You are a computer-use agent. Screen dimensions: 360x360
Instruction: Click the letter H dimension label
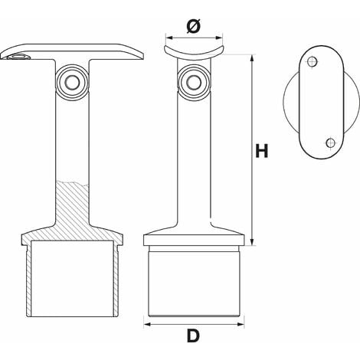click(262, 151)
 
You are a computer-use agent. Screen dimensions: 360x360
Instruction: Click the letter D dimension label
click(193, 335)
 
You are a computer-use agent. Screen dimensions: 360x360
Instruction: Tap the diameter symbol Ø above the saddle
click(194, 26)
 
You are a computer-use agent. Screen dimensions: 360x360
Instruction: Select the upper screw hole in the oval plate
click(312, 62)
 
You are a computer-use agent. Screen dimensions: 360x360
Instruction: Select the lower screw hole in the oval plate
click(331, 142)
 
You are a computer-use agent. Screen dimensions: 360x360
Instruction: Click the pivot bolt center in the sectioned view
click(72, 82)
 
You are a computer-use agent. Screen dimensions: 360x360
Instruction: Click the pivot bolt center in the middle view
click(194, 82)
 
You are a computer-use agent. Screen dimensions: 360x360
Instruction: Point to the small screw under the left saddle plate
click(19, 57)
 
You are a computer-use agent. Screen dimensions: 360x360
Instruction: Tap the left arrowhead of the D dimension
click(148, 324)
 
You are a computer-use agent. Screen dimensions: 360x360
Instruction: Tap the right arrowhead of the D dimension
click(241, 324)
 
